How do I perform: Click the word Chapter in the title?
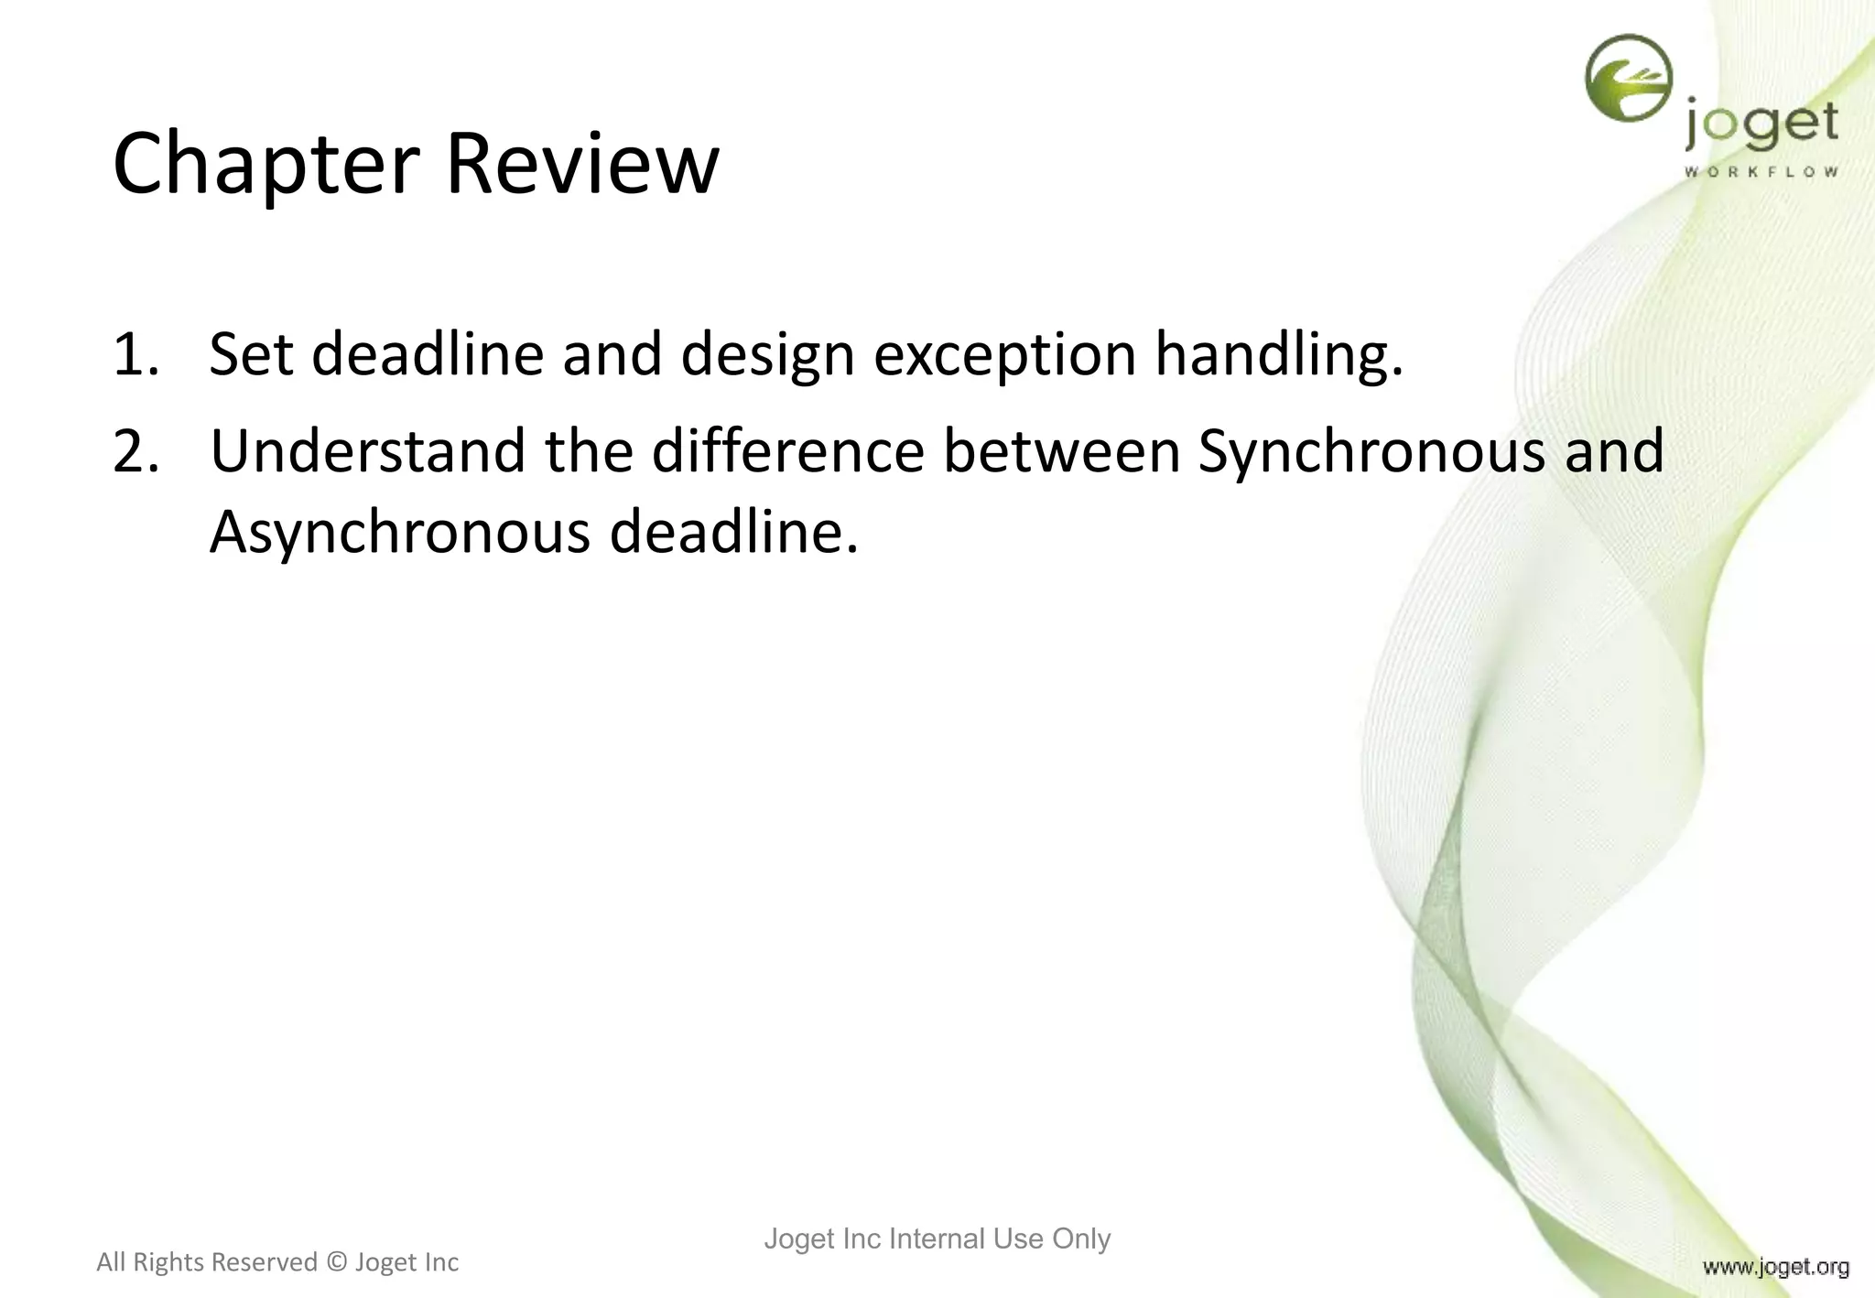click(266, 165)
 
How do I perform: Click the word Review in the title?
click(582, 165)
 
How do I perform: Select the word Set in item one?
click(251, 354)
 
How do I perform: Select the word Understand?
click(368, 452)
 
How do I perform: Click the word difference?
click(787, 452)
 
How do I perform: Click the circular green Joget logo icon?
click(1629, 79)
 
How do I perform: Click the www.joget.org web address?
click(1775, 1267)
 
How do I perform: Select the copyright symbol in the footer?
click(336, 1262)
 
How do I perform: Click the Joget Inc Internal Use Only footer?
click(937, 1239)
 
